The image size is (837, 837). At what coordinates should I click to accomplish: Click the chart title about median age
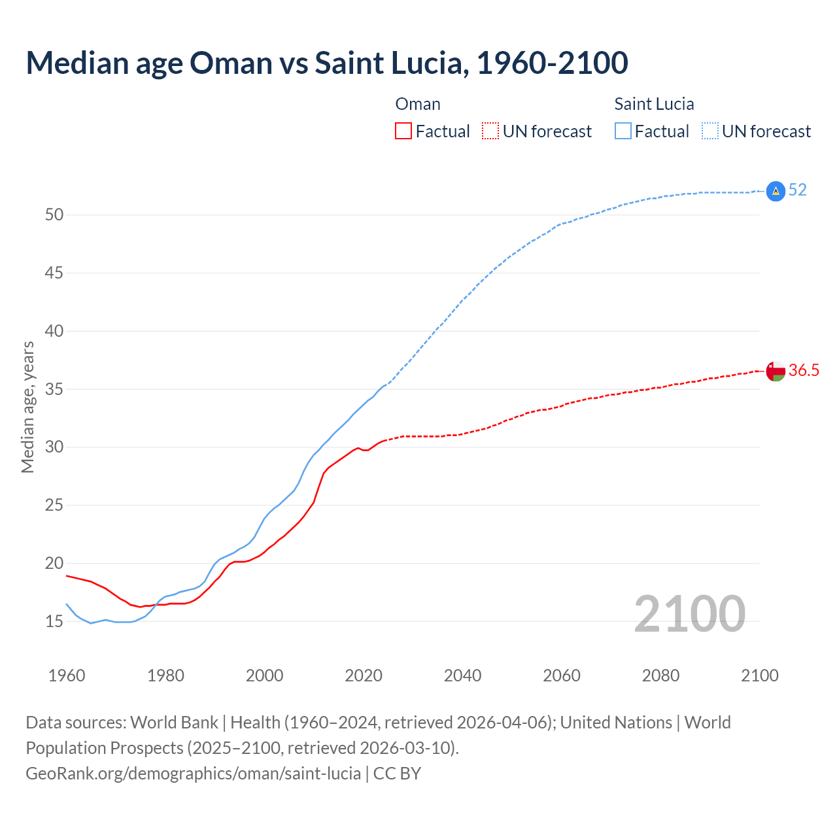point(327,63)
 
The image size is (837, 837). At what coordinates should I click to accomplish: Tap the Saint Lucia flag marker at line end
point(775,191)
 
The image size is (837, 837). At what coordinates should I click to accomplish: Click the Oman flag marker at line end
point(775,371)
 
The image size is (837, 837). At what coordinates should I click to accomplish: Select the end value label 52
point(797,190)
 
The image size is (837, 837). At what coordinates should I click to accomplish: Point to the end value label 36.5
point(804,371)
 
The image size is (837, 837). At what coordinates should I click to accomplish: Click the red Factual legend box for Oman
point(403,131)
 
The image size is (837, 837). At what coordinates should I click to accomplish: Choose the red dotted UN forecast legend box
point(490,131)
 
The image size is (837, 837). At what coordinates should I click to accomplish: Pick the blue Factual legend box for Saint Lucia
point(623,131)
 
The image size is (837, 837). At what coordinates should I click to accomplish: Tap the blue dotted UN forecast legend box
point(710,131)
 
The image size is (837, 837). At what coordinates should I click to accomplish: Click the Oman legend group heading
point(418,104)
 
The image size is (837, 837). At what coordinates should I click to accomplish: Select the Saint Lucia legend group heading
point(654,104)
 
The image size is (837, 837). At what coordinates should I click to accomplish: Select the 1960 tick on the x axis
point(67,675)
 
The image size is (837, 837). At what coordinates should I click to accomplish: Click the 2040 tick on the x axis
point(462,675)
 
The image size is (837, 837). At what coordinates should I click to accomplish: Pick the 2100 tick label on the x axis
point(759,675)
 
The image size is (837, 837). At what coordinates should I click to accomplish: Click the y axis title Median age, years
point(27,407)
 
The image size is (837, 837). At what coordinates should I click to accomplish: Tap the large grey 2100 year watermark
point(689,613)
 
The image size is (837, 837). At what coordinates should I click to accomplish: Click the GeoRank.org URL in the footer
point(193,774)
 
